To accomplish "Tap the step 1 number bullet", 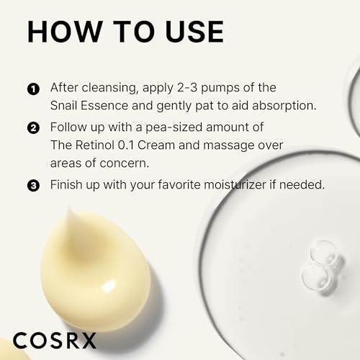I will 32,89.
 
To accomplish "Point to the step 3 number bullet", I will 32,186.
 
